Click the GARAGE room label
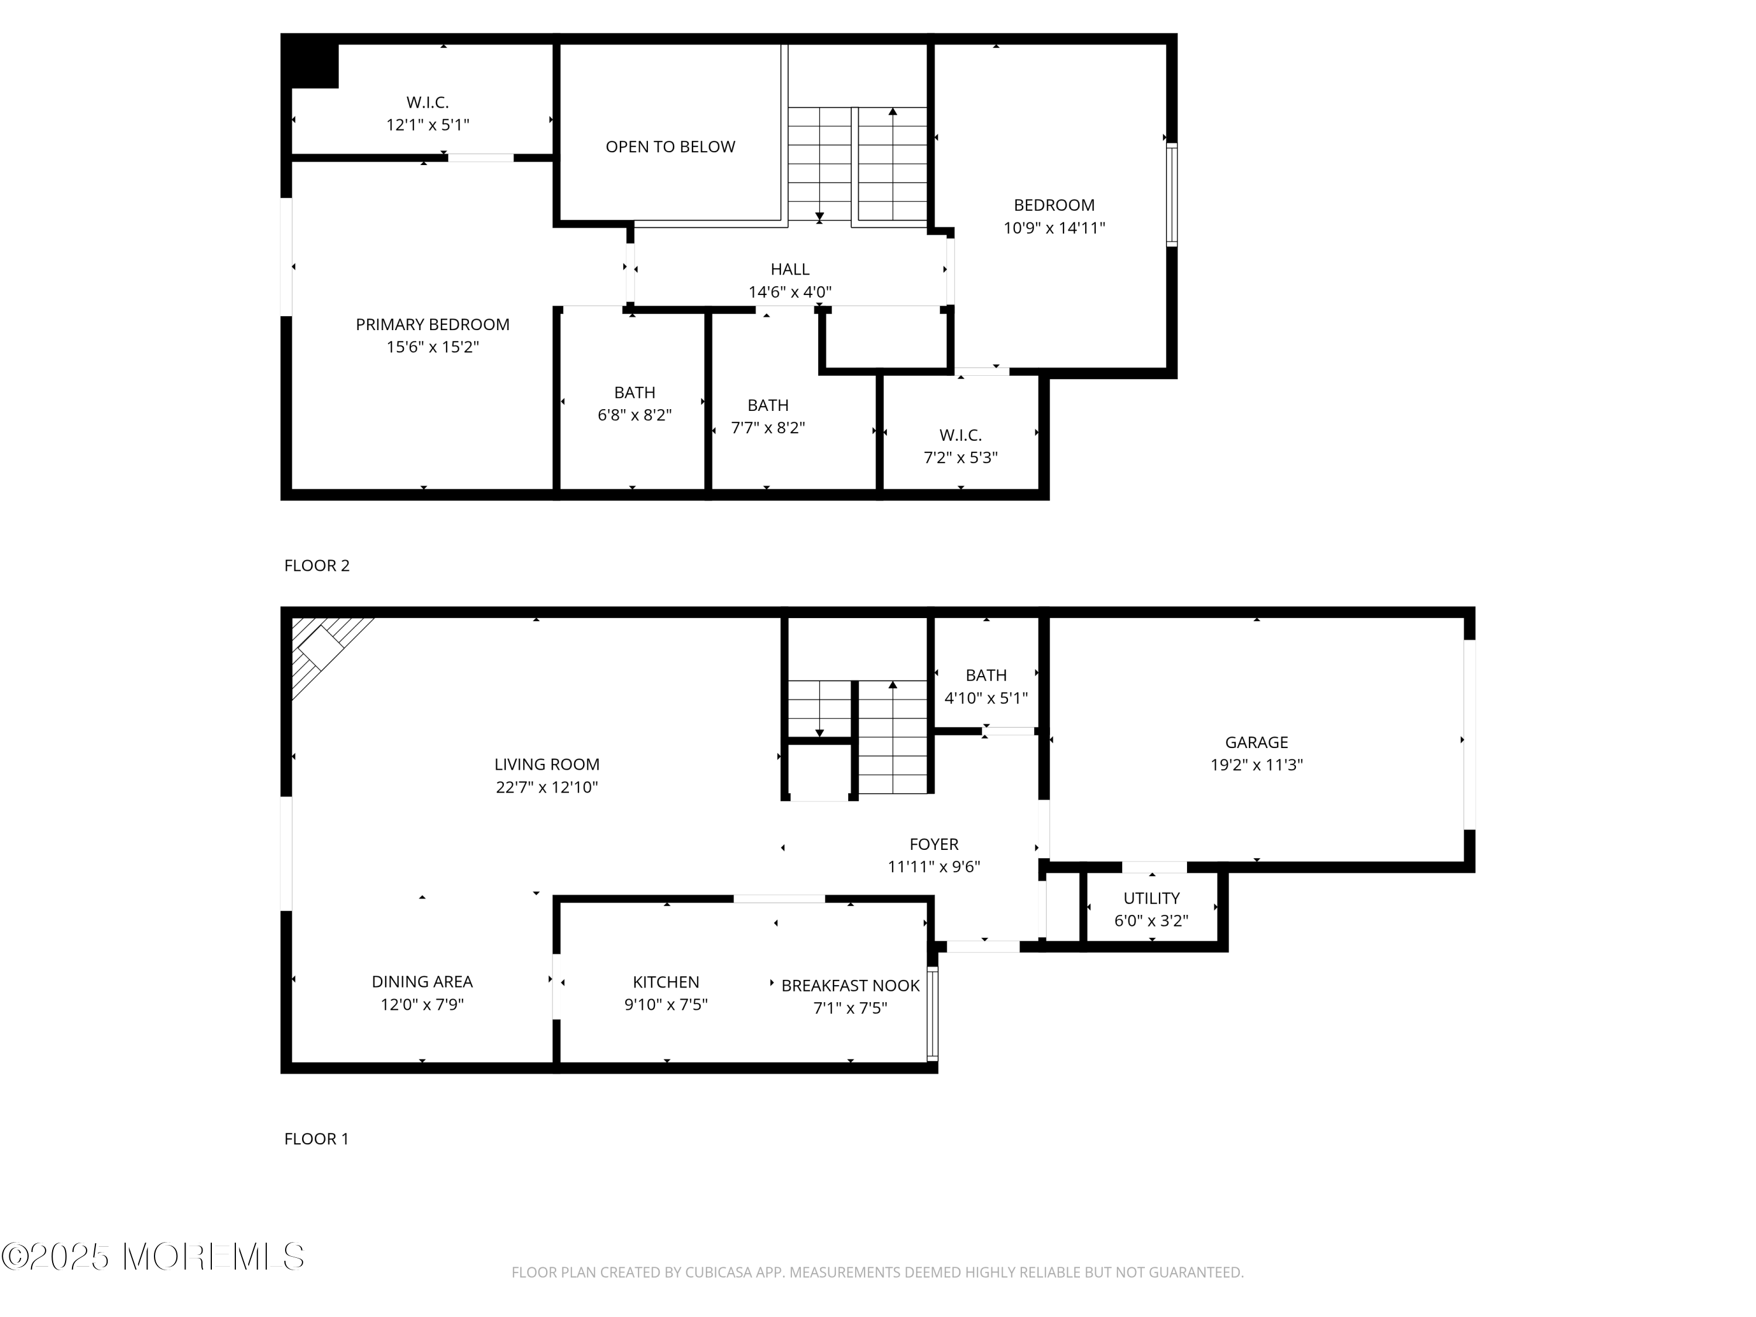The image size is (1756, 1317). coord(1256,742)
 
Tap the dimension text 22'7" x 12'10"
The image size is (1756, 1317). coord(546,787)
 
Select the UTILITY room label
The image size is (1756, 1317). coord(1151,898)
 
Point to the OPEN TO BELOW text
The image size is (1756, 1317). coord(670,147)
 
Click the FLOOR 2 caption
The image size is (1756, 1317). coord(317,565)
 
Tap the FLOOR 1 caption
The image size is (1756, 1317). coord(316,1138)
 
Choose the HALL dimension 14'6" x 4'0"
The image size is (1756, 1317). coord(790,292)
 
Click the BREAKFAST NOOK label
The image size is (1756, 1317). coord(850,985)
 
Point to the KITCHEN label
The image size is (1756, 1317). coord(666,982)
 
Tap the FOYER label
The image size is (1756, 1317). coord(934,844)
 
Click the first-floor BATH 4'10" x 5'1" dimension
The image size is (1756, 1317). coord(986,698)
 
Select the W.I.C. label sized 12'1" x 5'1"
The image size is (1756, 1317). coord(427,102)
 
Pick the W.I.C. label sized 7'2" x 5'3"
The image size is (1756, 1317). coord(961,435)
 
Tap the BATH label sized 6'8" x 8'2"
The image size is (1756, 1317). coord(635,392)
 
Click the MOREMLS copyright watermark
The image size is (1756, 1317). coord(152,1257)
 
